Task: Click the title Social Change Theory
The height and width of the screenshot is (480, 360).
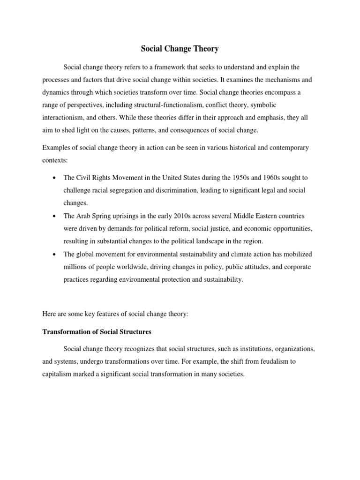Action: point(180,48)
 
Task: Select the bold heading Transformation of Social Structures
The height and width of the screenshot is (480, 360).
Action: point(97,332)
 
